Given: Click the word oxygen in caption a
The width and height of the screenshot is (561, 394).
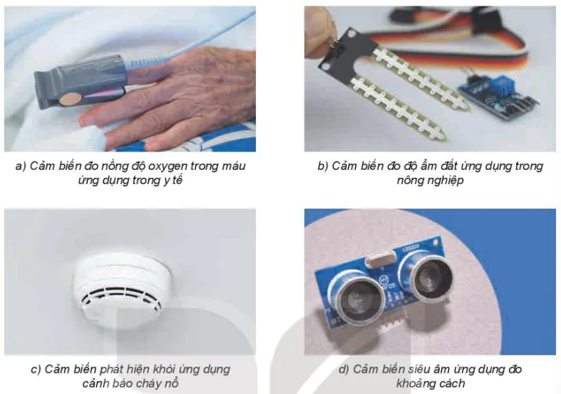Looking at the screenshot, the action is (x=167, y=166).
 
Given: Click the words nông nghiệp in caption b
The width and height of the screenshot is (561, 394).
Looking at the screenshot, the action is (x=430, y=180).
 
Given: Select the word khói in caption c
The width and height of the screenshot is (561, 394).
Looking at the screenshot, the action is (x=165, y=369).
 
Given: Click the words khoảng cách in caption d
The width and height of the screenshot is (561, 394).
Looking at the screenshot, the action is (x=431, y=383).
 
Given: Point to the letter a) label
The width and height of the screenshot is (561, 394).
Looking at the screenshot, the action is (x=20, y=166).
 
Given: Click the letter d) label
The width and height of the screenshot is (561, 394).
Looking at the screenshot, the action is (x=344, y=369).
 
